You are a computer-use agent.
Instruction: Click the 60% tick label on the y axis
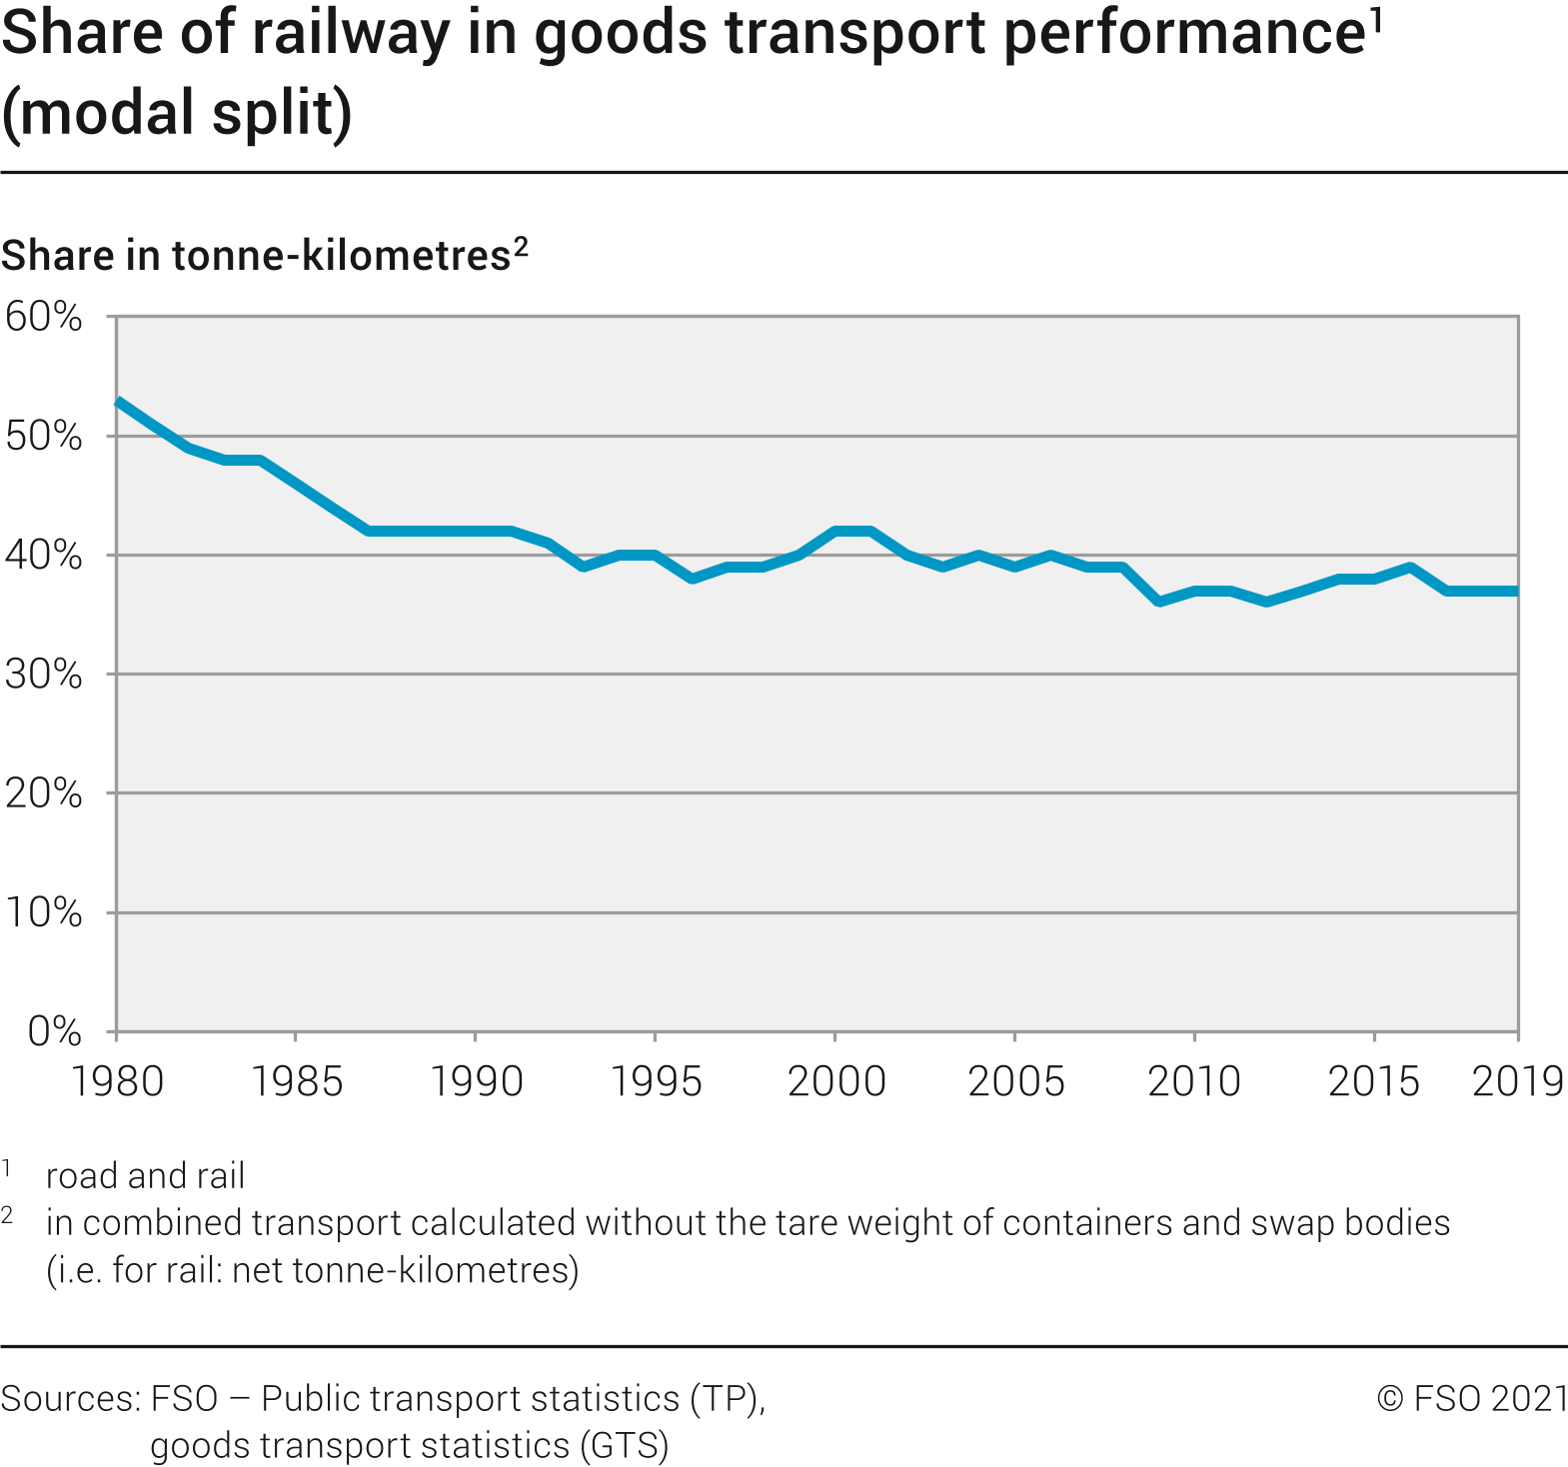[x=44, y=317]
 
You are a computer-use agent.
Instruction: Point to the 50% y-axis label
[x=44, y=436]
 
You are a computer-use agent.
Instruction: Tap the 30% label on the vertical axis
[x=44, y=675]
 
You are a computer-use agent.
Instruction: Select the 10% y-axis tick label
[x=44, y=912]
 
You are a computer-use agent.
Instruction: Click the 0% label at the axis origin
[x=54, y=1031]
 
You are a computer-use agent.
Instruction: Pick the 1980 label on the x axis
[x=117, y=1081]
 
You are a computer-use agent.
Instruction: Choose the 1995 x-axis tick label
[x=656, y=1081]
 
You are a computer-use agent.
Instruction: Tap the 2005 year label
[x=1015, y=1081]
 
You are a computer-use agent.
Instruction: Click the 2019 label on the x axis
[x=1517, y=1081]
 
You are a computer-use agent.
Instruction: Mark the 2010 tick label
[x=1194, y=1081]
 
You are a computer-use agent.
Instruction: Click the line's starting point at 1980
[x=118, y=402]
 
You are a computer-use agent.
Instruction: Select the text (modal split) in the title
[x=177, y=112]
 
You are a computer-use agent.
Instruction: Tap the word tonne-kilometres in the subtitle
[x=342, y=256]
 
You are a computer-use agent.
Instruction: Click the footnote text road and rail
[x=145, y=1176]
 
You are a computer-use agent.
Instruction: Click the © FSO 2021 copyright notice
[x=1472, y=1398]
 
